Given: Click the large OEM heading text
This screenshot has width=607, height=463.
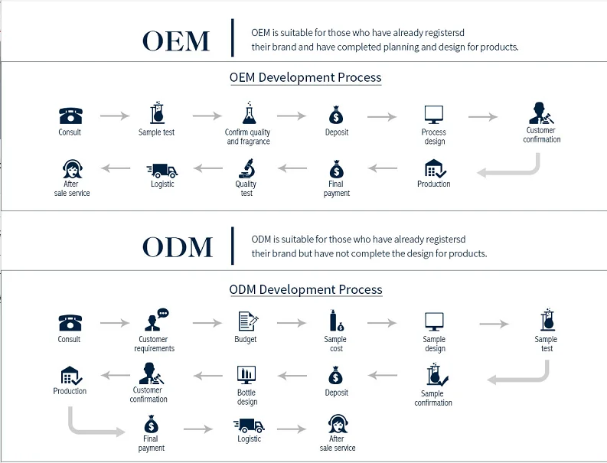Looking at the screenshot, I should click(176, 41).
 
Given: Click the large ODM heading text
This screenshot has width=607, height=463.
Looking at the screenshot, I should click(178, 247).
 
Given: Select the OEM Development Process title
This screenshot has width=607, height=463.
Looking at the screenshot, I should click(305, 77).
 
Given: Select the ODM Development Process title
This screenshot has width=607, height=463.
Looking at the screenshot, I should click(305, 289).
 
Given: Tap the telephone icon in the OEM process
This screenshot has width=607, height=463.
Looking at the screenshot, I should click(70, 116).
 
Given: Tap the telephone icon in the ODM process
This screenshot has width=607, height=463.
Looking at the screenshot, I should click(70, 322).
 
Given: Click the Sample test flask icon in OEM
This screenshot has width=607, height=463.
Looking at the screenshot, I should click(157, 113).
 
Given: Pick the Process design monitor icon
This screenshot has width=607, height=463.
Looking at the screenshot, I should click(434, 115).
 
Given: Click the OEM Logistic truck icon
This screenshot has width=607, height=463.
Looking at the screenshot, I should click(162, 170).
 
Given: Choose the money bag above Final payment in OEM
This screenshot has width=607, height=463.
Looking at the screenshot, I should click(336, 168).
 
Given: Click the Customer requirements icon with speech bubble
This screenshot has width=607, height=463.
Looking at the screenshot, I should click(155, 321).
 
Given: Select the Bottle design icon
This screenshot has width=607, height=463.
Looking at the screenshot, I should click(246, 376).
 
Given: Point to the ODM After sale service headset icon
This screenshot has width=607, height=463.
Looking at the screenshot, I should click(337, 423).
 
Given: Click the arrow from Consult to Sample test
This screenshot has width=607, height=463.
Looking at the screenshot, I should click(115, 116).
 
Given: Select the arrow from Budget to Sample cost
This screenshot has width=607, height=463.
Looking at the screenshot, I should click(292, 324).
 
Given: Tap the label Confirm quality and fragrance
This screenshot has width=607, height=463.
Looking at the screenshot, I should click(248, 137).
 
